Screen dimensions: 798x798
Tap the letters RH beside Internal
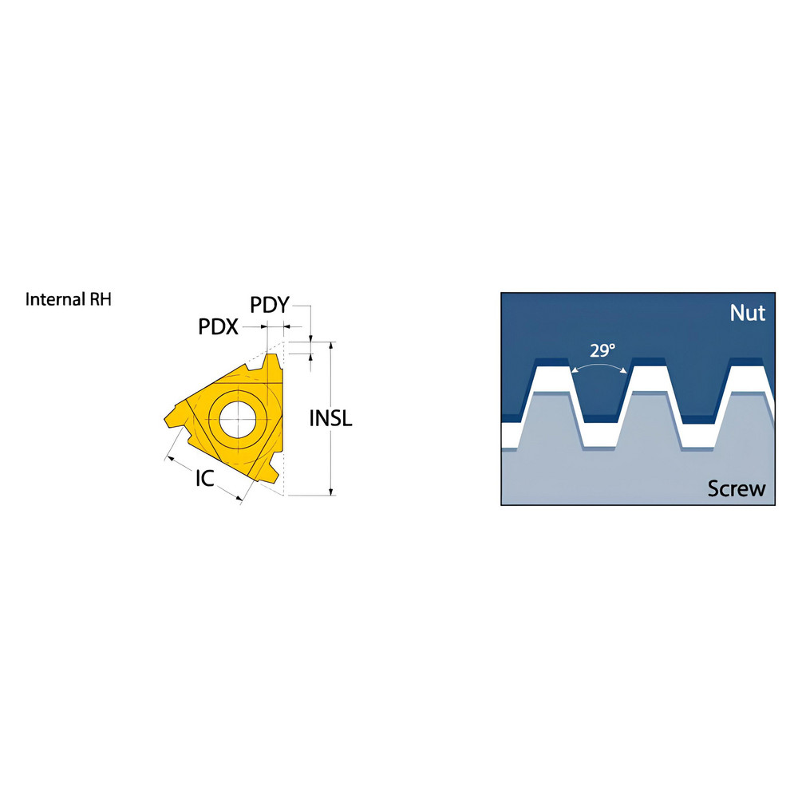[101, 300]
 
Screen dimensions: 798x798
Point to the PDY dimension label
[269, 305]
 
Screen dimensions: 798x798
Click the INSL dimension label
[330, 419]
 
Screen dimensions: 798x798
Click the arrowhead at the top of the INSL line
[330, 346]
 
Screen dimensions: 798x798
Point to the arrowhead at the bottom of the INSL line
[330, 491]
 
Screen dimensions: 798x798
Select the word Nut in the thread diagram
[747, 313]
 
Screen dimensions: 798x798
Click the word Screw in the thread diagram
[737, 488]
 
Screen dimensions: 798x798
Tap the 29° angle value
[602, 350]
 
